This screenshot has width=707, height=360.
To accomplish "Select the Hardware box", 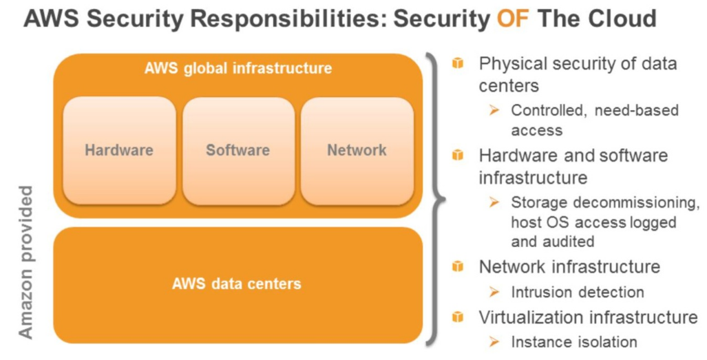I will click(x=119, y=150).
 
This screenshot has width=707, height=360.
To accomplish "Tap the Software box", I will click(x=238, y=150).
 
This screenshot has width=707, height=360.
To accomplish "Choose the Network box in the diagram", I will click(x=357, y=150).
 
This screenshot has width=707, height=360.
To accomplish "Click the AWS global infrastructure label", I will click(x=238, y=68).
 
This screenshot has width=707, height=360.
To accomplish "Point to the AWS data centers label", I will click(x=238, y=283).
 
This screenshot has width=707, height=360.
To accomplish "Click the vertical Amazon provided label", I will click(x=25, y=262).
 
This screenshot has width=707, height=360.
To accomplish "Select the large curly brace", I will click(x=434, y=200).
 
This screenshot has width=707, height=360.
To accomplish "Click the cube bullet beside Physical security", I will click(x=458, y=64).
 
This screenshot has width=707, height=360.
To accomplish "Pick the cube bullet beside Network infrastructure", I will click(x=458, y=266).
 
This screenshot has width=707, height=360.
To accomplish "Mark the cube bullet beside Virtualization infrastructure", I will click(x=458, y=317).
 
